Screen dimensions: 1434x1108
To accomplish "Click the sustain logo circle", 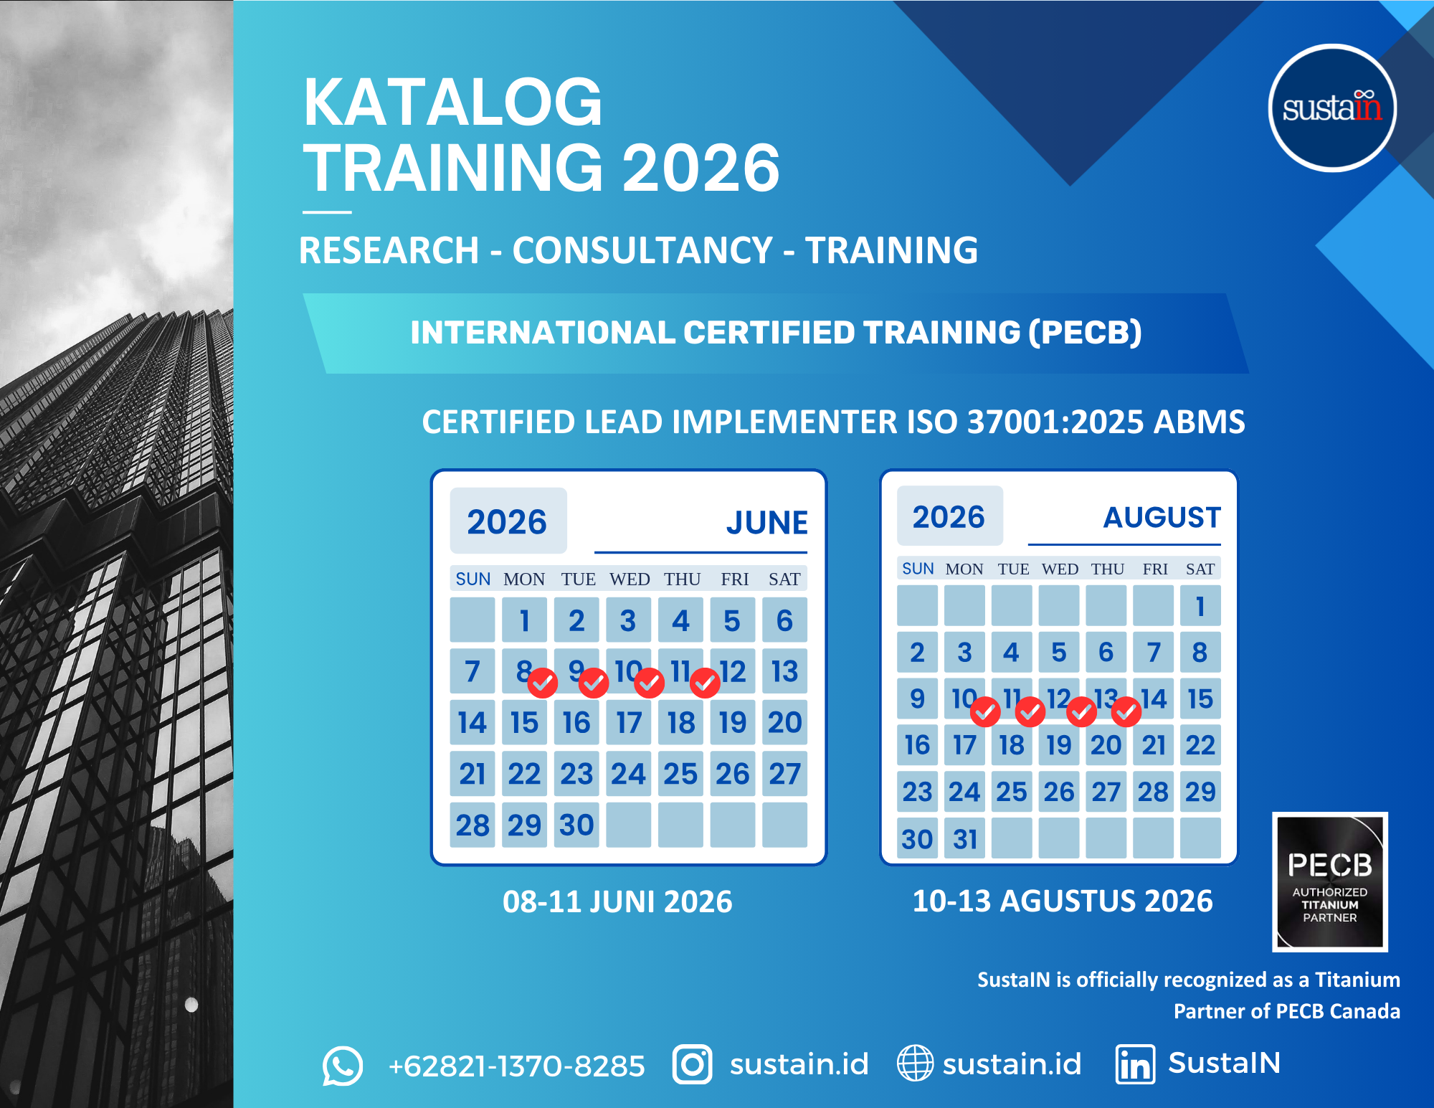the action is pos(1332,108).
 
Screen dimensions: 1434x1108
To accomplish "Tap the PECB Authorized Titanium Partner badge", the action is pos(1330,881).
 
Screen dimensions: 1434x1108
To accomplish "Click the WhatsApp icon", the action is pos(343,1065).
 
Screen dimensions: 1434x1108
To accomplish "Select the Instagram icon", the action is pos(692,1064).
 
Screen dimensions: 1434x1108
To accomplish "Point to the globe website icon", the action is pos(916,1063).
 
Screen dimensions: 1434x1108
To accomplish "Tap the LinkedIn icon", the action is pos(1135,1064).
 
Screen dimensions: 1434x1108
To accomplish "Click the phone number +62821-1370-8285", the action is pos(516,1066).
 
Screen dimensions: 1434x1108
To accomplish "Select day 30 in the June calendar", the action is pos(576,825).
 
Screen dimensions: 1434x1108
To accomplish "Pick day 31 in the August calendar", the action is pos(965,838).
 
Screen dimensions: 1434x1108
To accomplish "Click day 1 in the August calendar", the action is pos(1200,606).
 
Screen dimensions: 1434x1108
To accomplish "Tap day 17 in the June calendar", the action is pos(629,722).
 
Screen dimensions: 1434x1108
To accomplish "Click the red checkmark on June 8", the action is pos(543,683).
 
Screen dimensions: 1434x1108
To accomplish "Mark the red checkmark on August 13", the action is pos(1126,711).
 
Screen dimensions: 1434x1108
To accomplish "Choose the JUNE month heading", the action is pos(767,522).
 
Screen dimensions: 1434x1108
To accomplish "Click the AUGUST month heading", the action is pos(1162,517).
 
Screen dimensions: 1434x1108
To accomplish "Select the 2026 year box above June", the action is pos(508,521).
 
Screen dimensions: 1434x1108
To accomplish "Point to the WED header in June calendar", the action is pos(630,579).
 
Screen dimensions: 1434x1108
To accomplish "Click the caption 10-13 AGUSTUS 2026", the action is pos(1063,901).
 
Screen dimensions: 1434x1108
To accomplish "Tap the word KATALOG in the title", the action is pos(452,103).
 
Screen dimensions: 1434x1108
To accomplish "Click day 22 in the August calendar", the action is pos(1200,745).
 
